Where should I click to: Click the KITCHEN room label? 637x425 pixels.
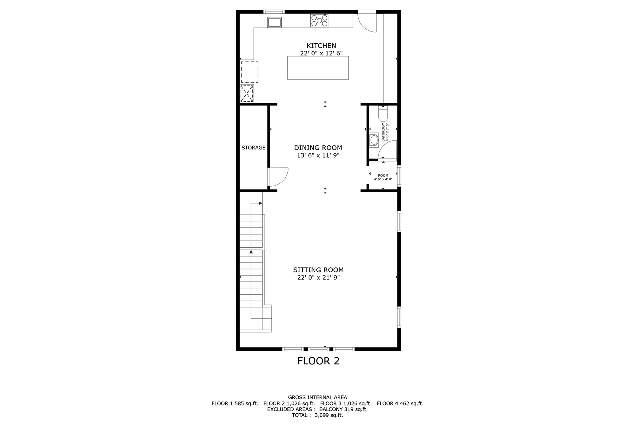(321, 46)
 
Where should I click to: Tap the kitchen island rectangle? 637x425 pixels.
(318, 68)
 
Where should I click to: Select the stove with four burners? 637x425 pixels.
(319, 21)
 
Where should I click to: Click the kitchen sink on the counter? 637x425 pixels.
(274, 22)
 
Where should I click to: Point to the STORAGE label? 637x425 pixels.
(253, 148)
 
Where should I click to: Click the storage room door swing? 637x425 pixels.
(278, 177)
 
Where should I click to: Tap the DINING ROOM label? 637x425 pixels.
(318, 148)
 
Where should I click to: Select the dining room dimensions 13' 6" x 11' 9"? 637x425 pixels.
(318, 155)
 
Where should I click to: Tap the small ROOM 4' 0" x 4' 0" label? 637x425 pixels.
(383, 177)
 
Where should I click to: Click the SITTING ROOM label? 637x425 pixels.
(318, 270)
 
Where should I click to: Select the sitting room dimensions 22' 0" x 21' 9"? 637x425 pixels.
(318, 278)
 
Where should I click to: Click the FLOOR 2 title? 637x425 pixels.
(318, 361)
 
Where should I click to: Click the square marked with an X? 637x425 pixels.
(247, 94)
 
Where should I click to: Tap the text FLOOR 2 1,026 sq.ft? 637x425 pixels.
(289, 403)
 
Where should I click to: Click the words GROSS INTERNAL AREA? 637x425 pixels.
(317, 397)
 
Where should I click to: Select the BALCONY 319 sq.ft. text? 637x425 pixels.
(343, 409)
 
